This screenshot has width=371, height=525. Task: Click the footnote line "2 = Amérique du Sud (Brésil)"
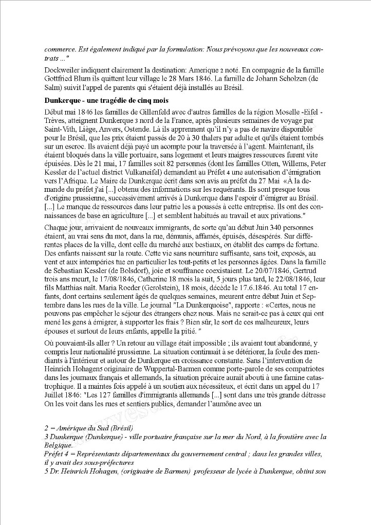89,428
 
